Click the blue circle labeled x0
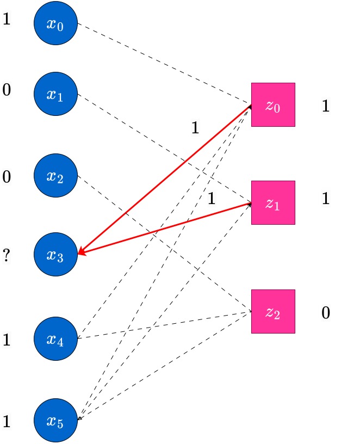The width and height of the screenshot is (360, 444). click(56, 23)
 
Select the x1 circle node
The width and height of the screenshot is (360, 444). click(56, 94)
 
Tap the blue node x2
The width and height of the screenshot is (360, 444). click(56, 175)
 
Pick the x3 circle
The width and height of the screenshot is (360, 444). click(56, 254)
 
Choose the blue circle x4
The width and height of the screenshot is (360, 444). click(56, 338)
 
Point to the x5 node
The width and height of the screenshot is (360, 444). click(56, 420)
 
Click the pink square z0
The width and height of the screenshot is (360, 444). click(273, 105)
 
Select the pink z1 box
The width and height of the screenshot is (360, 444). click(273, 203)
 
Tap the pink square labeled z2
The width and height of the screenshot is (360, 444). click(273, 311)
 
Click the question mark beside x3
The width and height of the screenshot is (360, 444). click(6, 255)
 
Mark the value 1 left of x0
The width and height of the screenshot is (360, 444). click(7, 19)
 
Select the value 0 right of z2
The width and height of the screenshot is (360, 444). click(326, 313)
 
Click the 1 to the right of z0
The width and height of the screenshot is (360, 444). click(326, 106)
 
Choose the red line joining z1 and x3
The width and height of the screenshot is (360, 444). click(165, 228)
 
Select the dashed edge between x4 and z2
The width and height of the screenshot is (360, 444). click(165, 325)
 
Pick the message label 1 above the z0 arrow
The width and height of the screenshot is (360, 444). click(195, 127)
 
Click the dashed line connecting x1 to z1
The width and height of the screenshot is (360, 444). click(165, 149)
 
